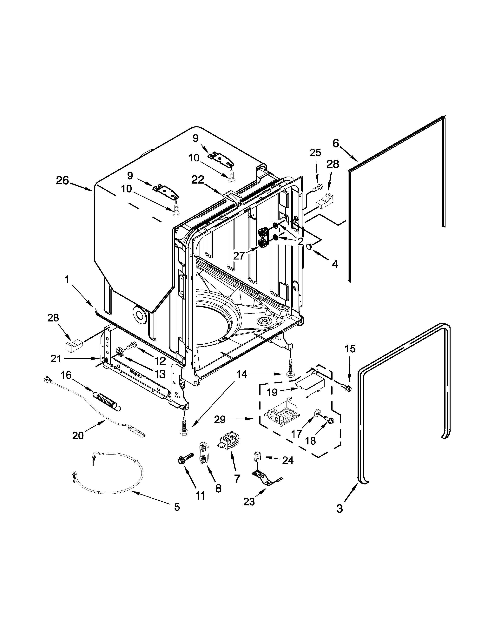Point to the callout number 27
click(239, 256)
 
